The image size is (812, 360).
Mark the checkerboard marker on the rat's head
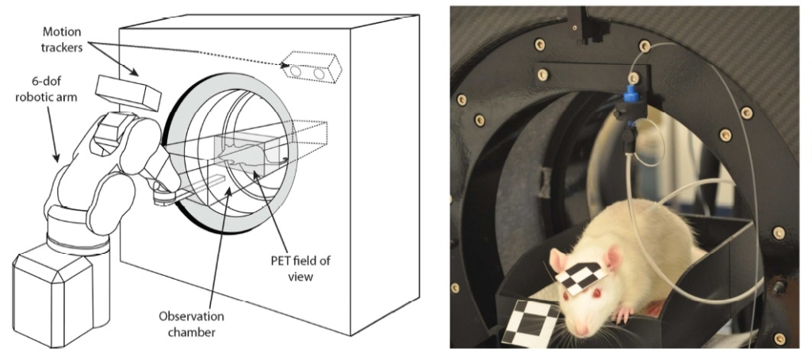(582, 274)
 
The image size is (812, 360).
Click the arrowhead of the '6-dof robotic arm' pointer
(59, 161)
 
